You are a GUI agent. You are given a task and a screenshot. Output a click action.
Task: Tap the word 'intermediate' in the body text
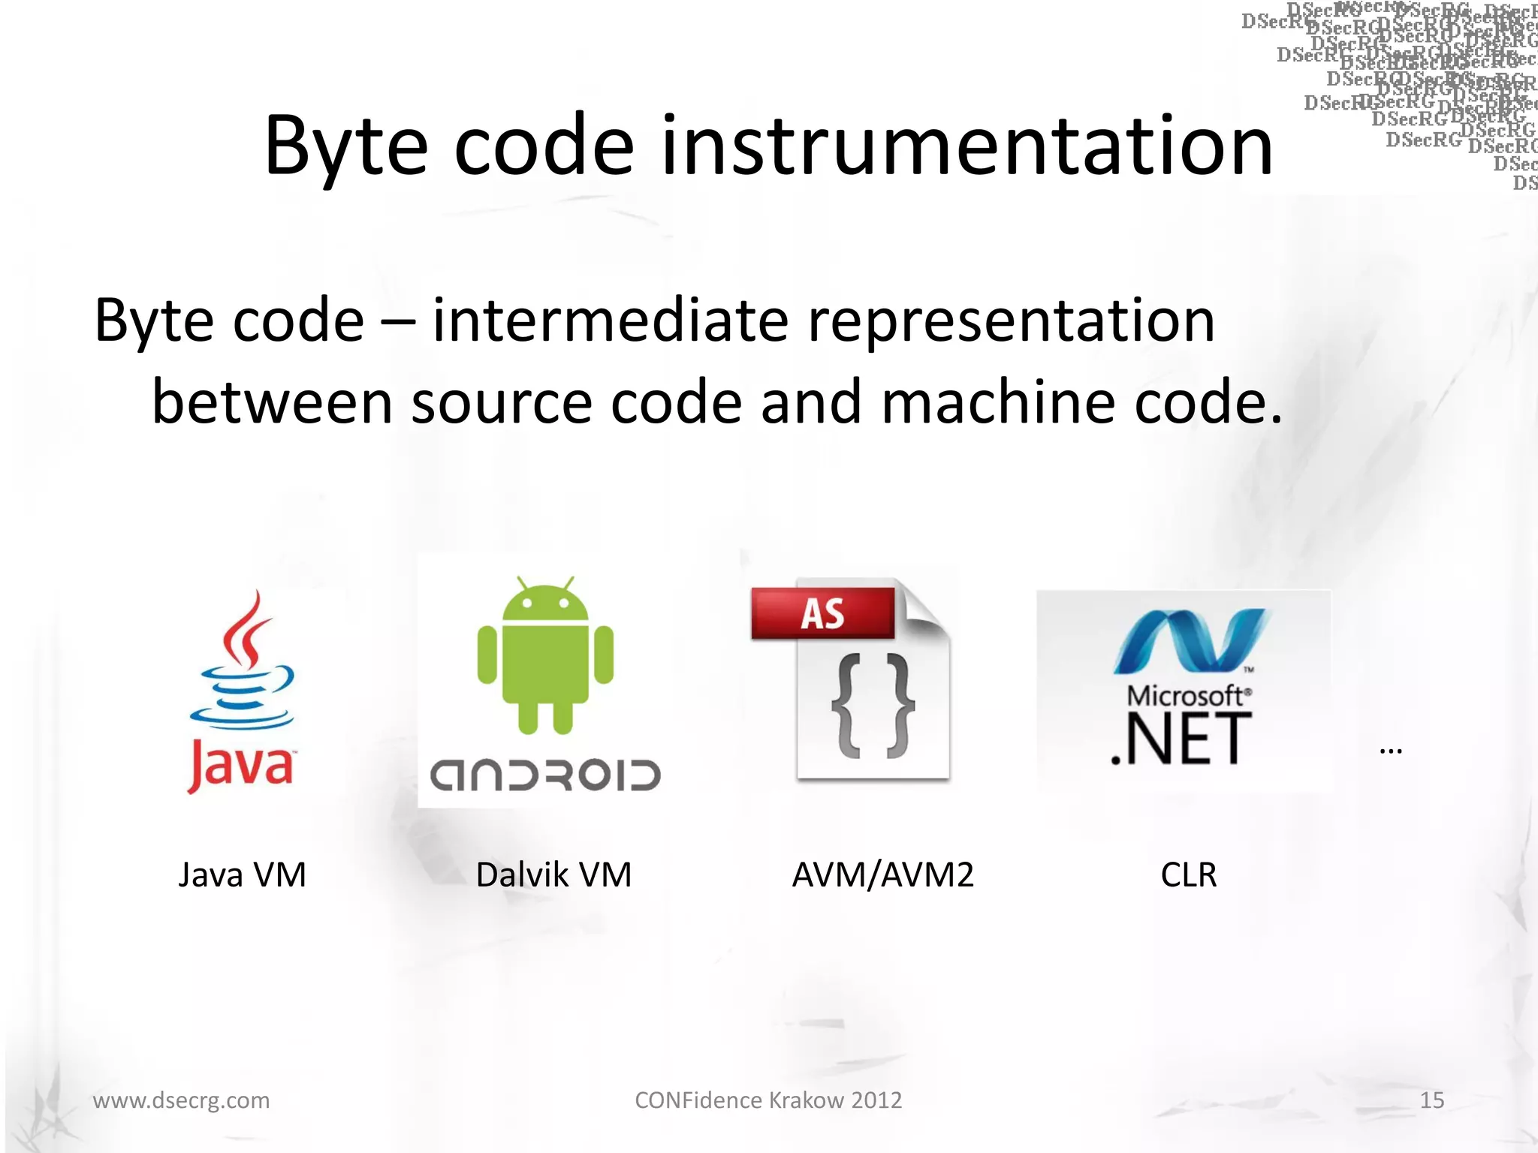(611, 321)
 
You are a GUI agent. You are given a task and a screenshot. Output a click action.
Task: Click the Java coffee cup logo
(242, 664)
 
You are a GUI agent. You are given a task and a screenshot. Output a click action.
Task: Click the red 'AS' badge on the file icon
(823, 613)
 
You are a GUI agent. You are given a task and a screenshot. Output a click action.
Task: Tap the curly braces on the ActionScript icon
(873, 706)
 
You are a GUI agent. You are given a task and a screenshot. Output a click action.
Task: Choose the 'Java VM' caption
(242, 875)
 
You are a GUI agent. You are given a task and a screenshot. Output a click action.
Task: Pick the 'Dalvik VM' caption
(553, 875)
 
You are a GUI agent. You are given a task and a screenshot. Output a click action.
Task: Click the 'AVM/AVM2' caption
(883, 875)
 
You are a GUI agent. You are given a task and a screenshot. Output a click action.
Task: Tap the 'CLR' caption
(1188, 875)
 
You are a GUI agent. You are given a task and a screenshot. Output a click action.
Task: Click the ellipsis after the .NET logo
(1391, 751)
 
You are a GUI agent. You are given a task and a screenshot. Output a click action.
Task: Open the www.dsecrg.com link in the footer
(181, 1100)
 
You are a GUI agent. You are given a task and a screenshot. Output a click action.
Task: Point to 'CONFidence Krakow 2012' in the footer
(768, 1100)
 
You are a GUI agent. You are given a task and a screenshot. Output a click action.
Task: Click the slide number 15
(1431, 1100)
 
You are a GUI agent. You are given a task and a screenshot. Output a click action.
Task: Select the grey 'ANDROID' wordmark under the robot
(545, 775)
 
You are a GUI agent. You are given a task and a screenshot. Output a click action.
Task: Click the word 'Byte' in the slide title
(346, 146)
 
